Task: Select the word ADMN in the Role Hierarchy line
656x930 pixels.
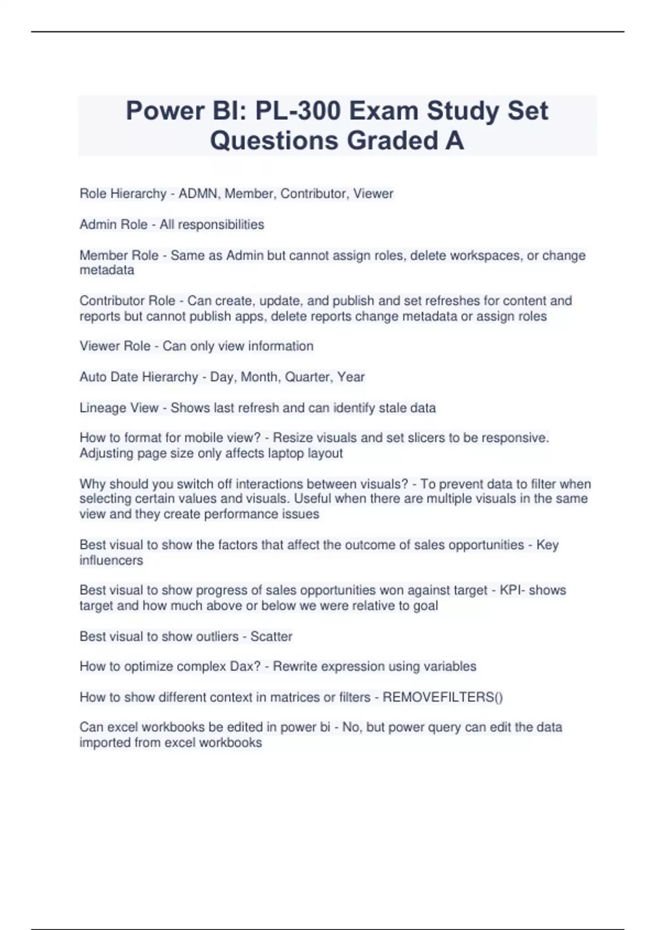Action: [x=197, y=194]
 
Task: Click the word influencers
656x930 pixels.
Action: [x=111, y=560]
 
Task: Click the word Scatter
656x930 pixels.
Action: [x=271, y=636]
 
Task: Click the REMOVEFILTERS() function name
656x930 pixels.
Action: [x=442, y=697]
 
